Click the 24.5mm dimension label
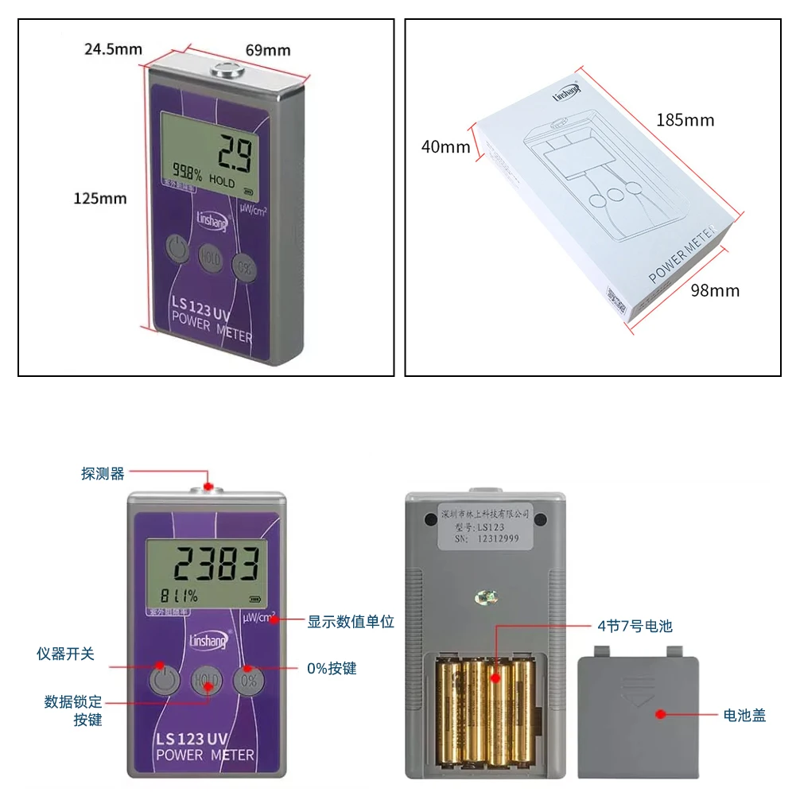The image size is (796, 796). [113, 49]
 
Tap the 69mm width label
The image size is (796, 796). [267, 50]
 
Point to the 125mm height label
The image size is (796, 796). [99, 198]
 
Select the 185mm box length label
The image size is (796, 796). [685, 120]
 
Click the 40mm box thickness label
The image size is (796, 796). [445, 147]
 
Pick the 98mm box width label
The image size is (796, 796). [714, 290]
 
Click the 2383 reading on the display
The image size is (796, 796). [218, 565]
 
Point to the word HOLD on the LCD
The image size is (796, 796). [222, 182]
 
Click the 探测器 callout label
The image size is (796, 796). [103, 474]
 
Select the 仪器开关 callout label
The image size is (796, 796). [65, 654]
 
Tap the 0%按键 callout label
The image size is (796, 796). [332, 669]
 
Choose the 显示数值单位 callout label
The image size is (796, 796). [351, 621]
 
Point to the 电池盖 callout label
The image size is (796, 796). [744, 715]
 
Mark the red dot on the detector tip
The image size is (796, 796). [208, 485]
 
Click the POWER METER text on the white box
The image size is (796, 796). [683, 254]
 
